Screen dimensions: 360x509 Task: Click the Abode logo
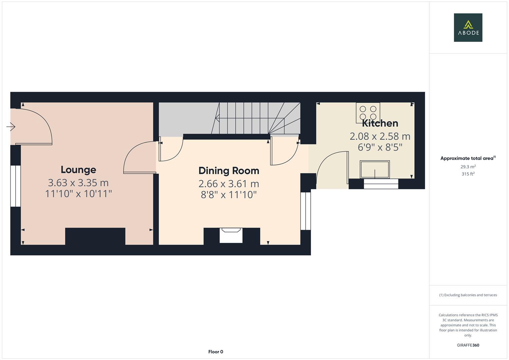click(468, 28)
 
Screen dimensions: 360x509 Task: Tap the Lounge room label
click(78, 170)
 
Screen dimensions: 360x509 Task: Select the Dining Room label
click(229, 171)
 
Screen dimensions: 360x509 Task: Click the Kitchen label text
click(380, 123)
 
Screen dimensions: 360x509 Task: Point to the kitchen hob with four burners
click(368, 113)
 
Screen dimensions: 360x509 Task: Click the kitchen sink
click(375, 169)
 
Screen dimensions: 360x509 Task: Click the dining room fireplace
click(231, 235)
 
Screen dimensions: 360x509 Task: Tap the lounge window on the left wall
click(15, 186)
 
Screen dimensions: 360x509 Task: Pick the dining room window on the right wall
click(306, 211)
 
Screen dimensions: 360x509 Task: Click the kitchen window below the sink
click(381, 184)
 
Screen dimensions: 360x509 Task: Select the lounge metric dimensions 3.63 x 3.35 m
click(78, 183)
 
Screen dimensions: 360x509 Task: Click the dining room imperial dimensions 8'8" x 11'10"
click(229, 195)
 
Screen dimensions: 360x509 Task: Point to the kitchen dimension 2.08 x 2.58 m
click(380, 136)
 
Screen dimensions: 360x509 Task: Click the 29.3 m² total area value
click(468, 167)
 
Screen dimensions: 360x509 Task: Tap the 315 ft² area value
click(468, 174)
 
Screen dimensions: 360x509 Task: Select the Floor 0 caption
click(216, 352)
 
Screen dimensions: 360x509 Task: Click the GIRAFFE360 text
click(468, 345)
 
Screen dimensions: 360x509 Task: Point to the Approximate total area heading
click(468, 158)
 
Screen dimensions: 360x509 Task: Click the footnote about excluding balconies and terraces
click(468, 295)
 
